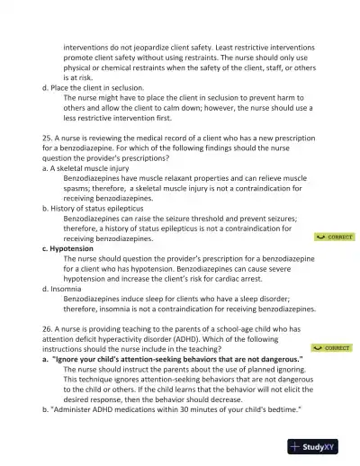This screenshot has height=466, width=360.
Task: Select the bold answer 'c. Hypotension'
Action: coord(74,247)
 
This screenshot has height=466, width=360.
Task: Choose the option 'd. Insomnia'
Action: coord(66,288)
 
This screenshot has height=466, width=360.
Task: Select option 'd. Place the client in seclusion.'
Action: coord(106,88)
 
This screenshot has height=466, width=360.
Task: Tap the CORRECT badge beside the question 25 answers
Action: coord(334,237)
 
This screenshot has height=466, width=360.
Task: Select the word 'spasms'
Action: coord(84,188)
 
